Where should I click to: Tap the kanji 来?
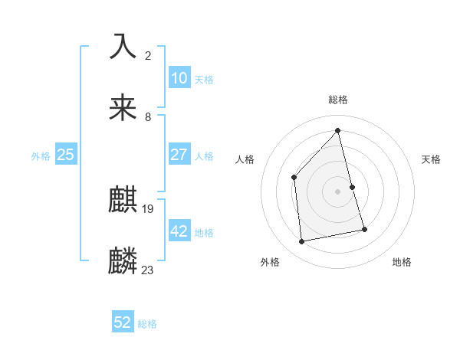point(123,108)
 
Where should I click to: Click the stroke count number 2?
point(148,56)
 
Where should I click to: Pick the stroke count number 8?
point(148,116)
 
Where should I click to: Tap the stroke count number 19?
point(149,208)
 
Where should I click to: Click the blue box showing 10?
point(179,78)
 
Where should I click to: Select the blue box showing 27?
point(179,154)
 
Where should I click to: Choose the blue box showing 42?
point(179,231)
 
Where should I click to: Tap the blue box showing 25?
point(65,155)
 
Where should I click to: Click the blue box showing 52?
point(123,322)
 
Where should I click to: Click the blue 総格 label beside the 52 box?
point(147,324)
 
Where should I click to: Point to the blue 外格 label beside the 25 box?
point(41,156)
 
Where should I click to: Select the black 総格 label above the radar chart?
point(338,100)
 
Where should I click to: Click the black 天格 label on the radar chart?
point(431,159)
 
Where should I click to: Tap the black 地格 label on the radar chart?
point(402,262)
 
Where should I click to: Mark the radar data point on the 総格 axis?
point(337,130)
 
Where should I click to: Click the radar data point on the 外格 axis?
point(302,242)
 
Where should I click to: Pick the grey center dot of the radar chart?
point(337,191)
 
